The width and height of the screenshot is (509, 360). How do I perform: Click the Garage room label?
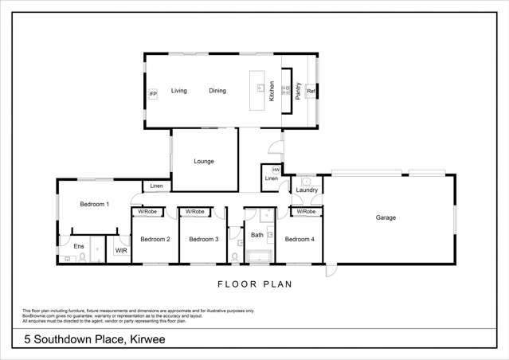(x=386, y=217)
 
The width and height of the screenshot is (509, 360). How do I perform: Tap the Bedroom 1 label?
(x=94, y=205)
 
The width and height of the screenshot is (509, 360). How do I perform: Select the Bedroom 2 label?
(x=155, y=239)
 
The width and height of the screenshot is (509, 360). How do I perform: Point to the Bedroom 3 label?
(x=204, y=239)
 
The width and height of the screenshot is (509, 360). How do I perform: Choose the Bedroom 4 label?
(x=300, y=239)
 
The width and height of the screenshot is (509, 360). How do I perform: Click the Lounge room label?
(x=204, y=161)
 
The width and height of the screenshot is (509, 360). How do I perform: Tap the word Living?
(x=178, y=91)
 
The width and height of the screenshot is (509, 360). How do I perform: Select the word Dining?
(x=217, y=91)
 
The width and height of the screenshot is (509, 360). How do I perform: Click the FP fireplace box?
(x=153, y=94)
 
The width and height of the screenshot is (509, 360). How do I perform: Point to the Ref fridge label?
(x=311, y=92)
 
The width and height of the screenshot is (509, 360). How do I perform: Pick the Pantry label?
(x=298, y=90)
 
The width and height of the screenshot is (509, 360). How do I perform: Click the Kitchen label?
(x=272, y=90)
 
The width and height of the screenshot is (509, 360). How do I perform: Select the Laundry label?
(x=307, y=190)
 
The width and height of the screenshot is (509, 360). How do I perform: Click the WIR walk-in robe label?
(x=121, y=250)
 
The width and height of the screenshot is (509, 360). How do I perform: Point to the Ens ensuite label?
(x=79, y=246)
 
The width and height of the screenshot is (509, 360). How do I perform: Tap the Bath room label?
(x=256, y=235)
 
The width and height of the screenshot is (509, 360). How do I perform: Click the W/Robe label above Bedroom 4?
(x=306, y=211)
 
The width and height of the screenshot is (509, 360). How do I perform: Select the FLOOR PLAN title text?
(x=255, y=284)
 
